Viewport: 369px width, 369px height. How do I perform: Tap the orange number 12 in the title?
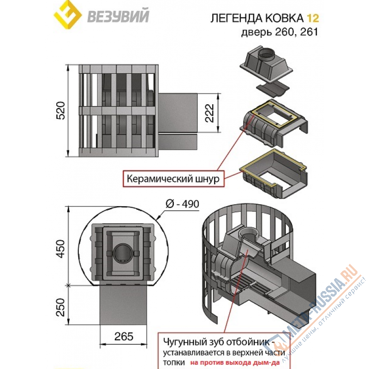[312, 18]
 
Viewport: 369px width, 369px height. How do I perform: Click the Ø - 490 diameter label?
[184, 205]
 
